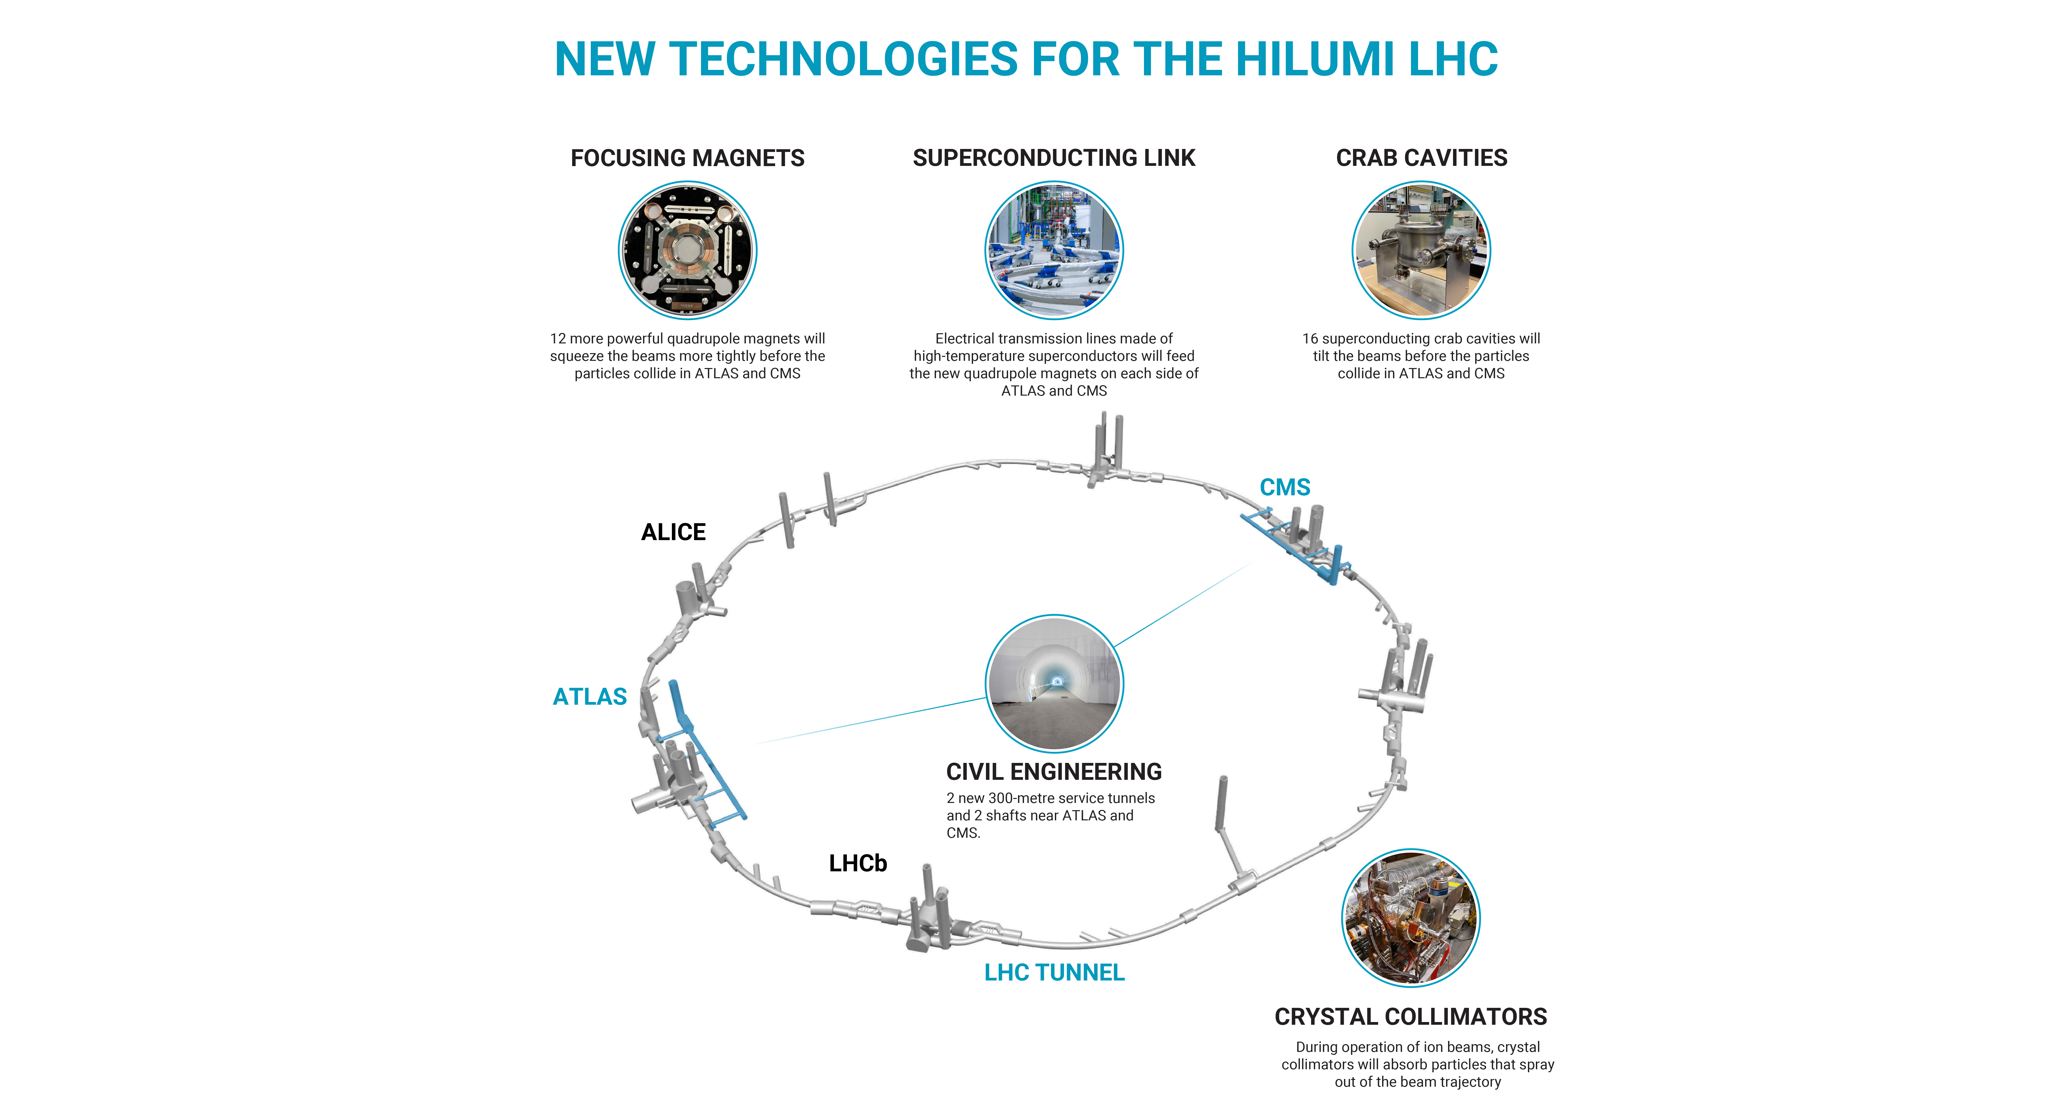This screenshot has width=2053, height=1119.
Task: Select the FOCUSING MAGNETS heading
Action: tap(687, 158)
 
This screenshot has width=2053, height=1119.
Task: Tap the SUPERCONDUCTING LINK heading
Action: tap(1054, 158)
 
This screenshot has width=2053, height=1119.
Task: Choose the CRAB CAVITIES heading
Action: tap(1421, 158)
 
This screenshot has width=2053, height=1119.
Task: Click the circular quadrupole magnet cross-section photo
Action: tap(687, 250)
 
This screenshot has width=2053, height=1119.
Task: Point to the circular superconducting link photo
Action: tap(1054, 250)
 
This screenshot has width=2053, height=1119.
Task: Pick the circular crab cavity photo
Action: tap(1421, 250)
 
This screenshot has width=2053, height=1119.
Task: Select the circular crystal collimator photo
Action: tap(1411, 918)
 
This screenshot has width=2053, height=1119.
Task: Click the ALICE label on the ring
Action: tap(673, 532)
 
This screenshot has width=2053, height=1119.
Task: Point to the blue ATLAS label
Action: tap(590, 697)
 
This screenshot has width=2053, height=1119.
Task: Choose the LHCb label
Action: tap(858, 863)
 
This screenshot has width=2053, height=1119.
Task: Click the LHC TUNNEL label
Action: tap(1054, 973)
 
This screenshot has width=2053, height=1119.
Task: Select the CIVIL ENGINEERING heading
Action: tap(1054, 772)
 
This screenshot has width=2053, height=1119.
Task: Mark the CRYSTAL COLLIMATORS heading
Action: tap(1411, 1017)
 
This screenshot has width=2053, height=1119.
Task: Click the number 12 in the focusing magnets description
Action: tap(558, 338)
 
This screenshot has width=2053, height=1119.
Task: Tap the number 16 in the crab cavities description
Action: tap(1310, 338)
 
